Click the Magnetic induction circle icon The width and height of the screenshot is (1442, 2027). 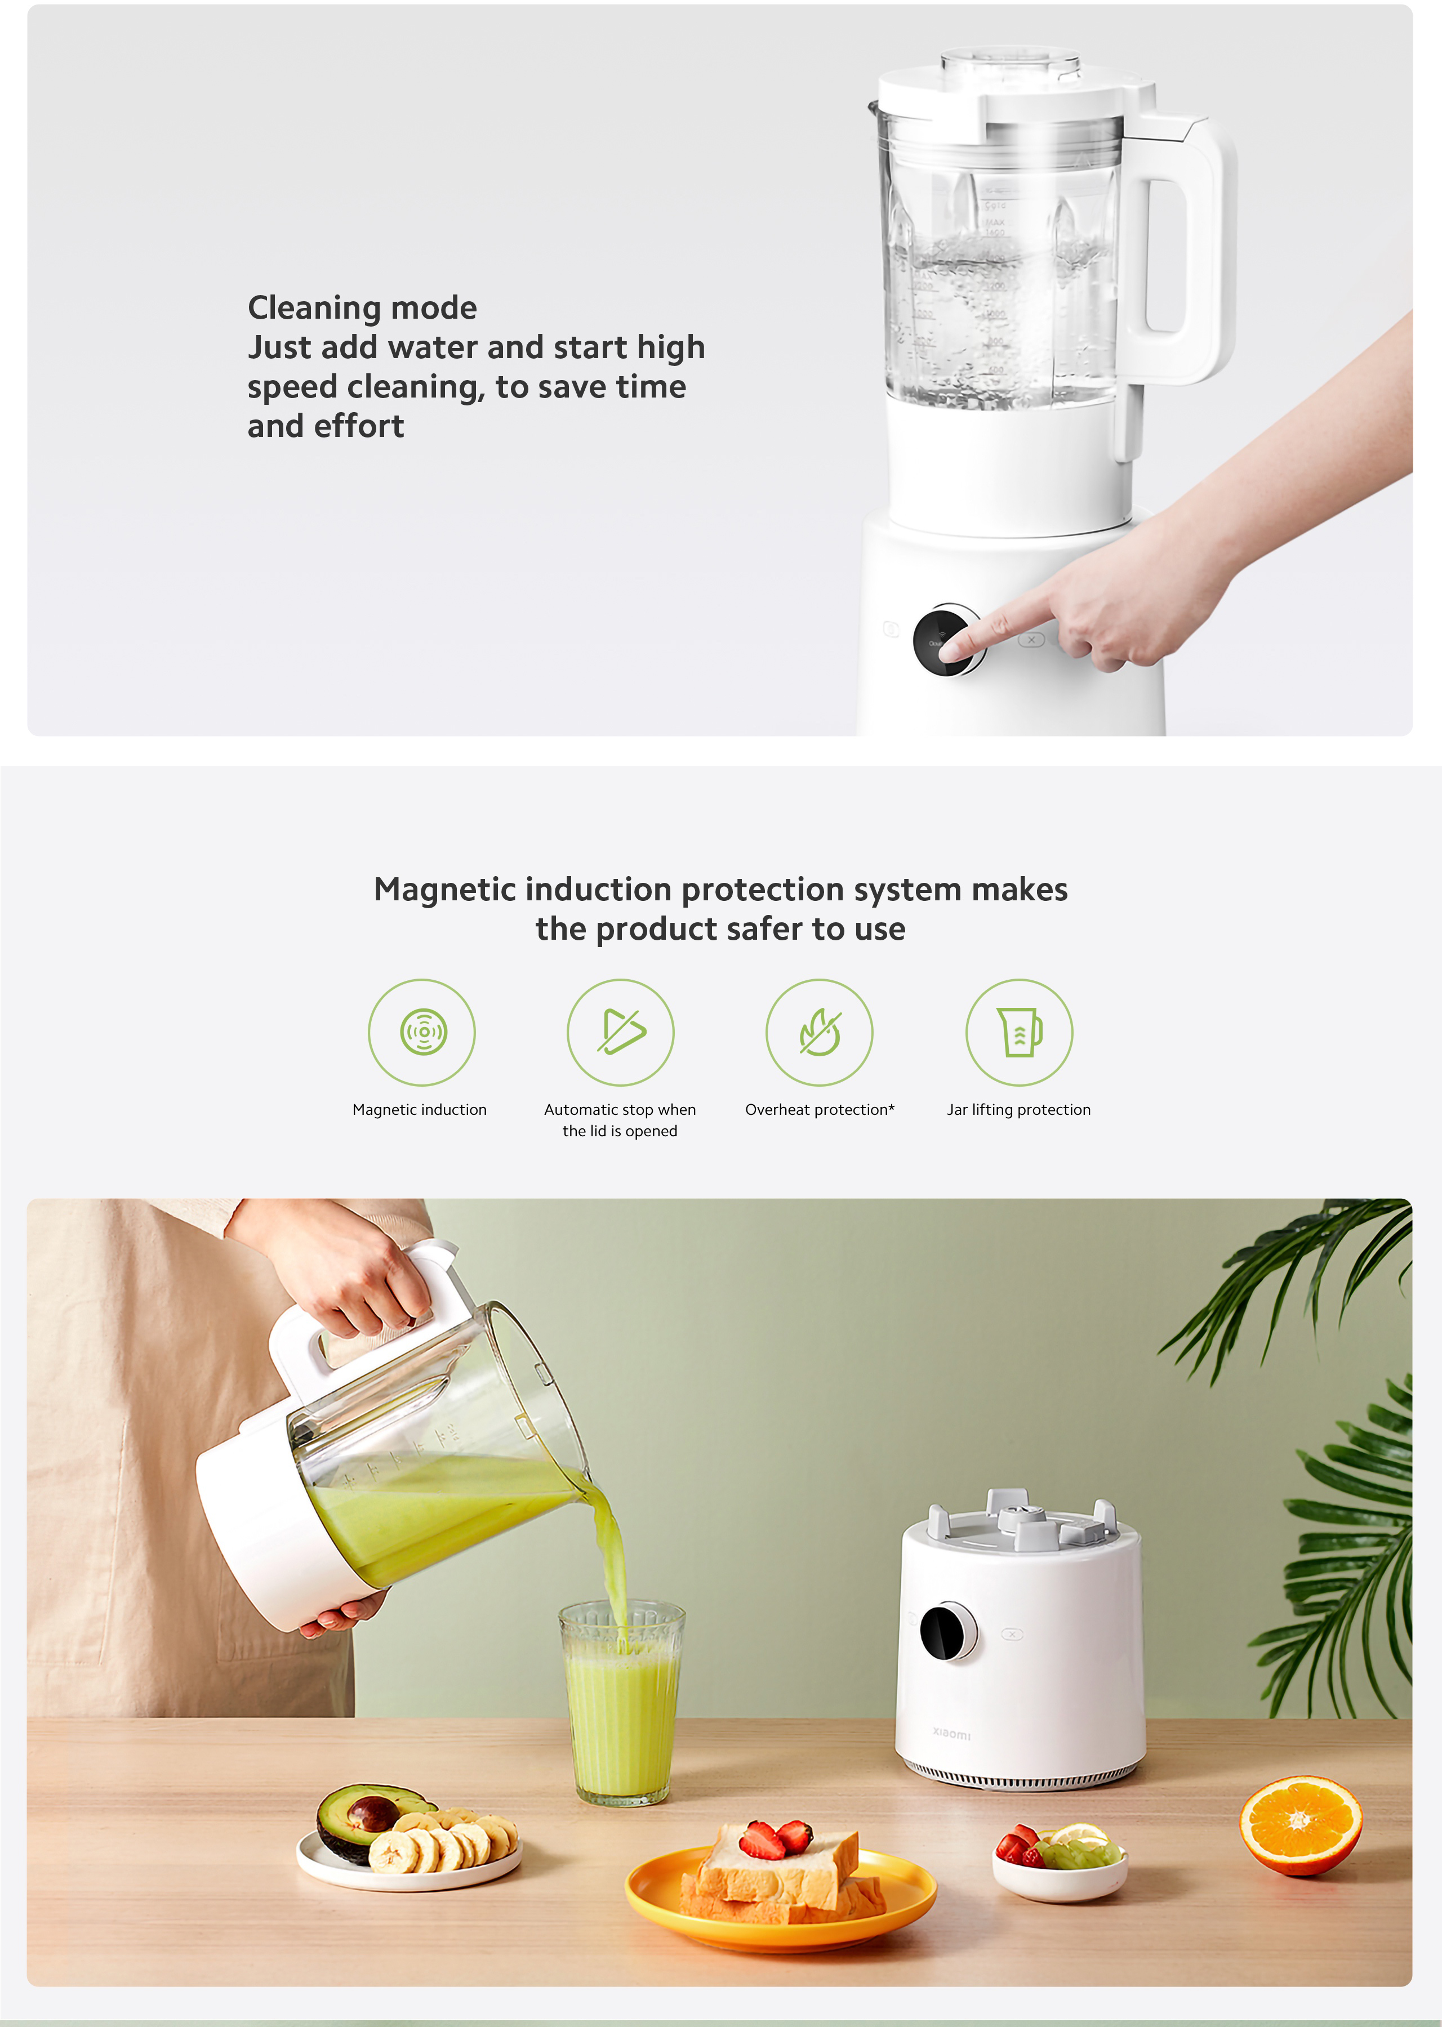click(x=422, y=1032)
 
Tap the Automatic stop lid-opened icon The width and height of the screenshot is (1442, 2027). click(x=621, y=1032)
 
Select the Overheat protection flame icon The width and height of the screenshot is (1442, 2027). click(x=820, y=1032)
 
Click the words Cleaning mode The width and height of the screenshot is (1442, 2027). click(x=362, y=308)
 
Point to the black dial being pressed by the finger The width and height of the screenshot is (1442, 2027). click(x=946, y=640)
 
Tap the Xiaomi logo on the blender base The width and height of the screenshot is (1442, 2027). click(x=952, y=1733)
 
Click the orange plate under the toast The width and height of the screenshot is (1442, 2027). click(x=781, y=1908)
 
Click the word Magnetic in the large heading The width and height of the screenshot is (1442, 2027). click(x=447, y=889)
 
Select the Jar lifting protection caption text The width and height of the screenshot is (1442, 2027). click(x=1018, y=1109)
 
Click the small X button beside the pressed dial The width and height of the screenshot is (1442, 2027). click(x=1031, y=639)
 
